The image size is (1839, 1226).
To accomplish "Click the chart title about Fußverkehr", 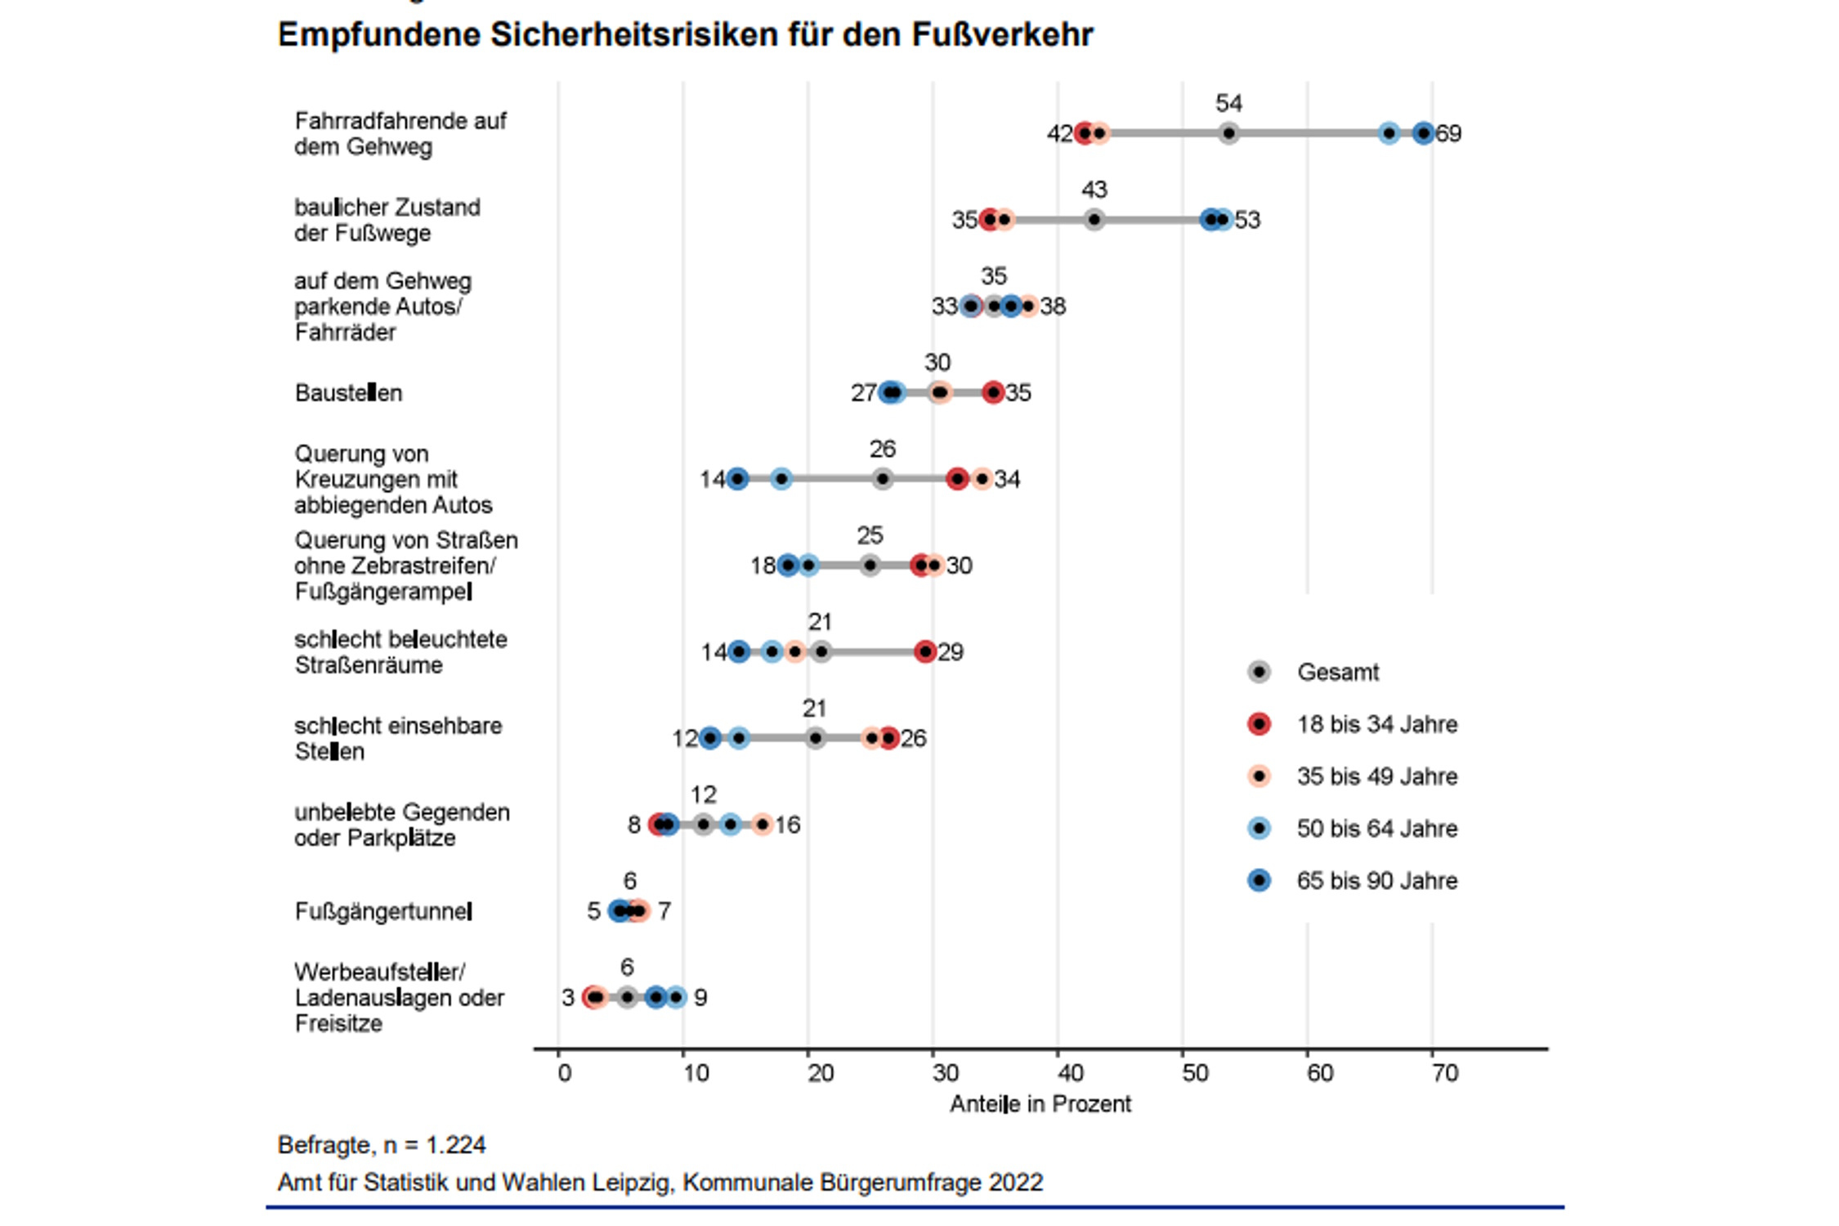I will click(x=685, y=35).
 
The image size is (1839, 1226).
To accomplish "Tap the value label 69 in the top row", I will click(x=1448, y=133).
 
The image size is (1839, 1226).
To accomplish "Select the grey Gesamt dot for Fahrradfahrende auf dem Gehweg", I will click(x=1228, y=133).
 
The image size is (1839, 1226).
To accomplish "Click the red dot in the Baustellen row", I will click(x=993, y=393).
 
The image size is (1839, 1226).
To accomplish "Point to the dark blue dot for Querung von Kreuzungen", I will click(x=737, y=479).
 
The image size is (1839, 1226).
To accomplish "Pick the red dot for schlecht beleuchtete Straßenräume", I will click(x=925, y=651).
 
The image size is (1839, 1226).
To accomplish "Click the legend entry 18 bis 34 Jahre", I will click(x=1376, y=724).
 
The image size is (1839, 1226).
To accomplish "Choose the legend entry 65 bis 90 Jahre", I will click(x=1376, y=881).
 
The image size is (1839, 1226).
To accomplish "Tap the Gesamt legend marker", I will click(x=1260, y=672).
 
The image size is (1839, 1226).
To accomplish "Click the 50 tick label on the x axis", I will click(x=1195, y=1073).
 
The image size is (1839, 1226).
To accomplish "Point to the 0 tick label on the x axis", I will click(x=564, y=1073).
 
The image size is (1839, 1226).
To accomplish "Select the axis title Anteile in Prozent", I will click(x=1040, y=1104).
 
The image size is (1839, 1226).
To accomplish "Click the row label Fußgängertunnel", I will click(x=383, y=911).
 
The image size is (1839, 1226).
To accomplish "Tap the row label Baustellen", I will click(x=348, y=393).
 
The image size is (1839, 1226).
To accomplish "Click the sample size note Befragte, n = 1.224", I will click(x=382, y=1145).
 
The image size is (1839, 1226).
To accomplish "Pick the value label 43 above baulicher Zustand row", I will click(x=1094, y=190).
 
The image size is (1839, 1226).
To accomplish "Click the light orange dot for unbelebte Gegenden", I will click(x=762, y=825).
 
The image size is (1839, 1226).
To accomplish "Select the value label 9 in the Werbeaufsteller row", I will click(x=700, y=998).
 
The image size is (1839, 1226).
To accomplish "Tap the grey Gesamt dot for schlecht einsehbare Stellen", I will click(x=815, y=738).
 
